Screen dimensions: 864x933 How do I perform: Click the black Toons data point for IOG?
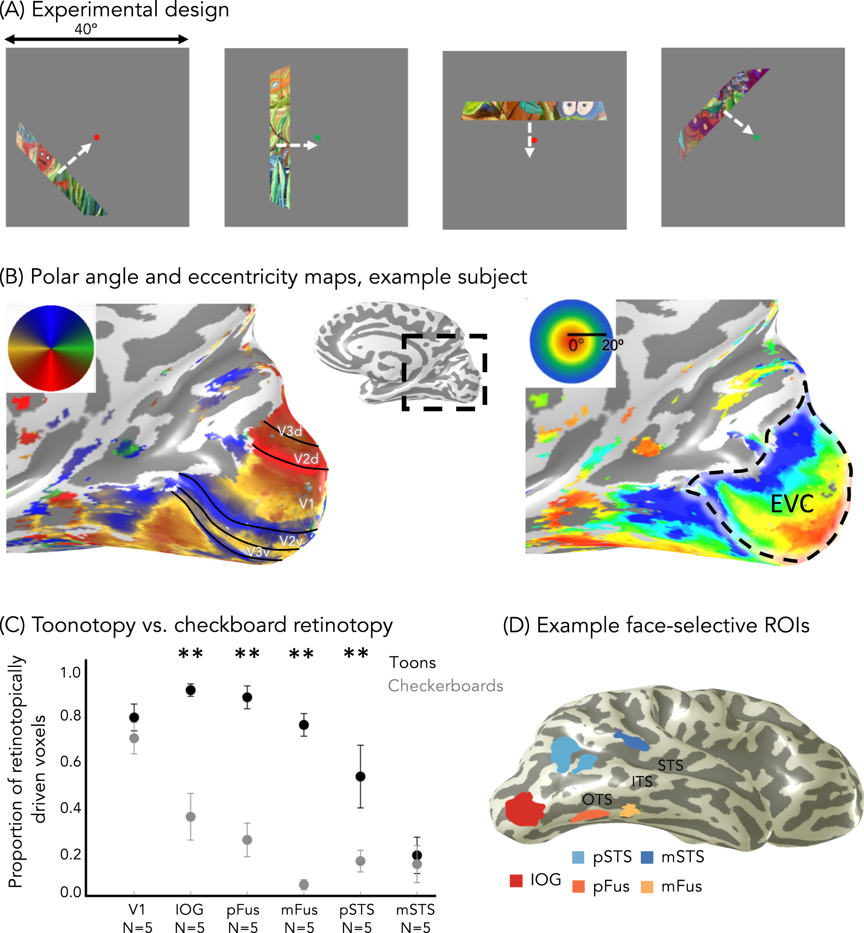[190, 690]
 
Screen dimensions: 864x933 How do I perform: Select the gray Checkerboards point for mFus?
[304, 885]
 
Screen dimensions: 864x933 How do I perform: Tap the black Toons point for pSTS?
[361, 776]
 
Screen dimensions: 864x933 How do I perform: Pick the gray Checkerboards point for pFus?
[247, 840]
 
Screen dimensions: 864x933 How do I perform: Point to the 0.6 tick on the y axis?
[70, 762]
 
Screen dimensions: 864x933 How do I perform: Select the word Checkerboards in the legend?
[446, 686]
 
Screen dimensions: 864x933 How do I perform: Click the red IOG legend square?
[516, 881]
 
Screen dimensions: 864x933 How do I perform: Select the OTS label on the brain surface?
[597, 800]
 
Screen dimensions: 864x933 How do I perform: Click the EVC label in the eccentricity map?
[792, 504]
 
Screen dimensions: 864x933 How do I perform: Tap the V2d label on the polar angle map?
[306, 459]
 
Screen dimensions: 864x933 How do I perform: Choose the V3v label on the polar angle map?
[258, 552]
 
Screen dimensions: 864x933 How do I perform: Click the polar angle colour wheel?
[51, 348]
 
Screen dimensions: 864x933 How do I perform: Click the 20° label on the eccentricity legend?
[612, 345]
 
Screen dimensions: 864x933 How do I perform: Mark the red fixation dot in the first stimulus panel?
[97, 137]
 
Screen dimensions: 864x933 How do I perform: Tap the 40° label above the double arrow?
[86, 29]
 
